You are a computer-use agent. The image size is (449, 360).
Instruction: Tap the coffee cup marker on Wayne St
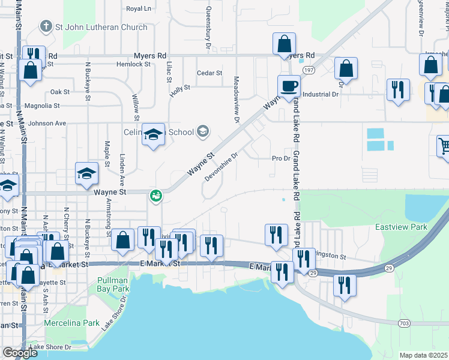coord(289,85)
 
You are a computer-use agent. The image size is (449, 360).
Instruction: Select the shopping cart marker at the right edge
coord(444,146)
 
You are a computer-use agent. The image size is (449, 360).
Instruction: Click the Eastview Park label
coord(401,227)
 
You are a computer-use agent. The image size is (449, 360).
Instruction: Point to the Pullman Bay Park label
coord(113,284)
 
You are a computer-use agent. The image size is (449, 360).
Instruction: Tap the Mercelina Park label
coord(72,323)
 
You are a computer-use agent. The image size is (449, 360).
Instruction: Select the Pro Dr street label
coord(281,159)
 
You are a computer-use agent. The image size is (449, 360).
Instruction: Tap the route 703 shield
coord(404,323)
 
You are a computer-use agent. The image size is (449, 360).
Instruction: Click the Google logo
coord(20,353)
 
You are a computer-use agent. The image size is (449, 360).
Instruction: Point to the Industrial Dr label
coord(321,94)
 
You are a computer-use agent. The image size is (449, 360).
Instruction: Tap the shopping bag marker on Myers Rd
coord(284,44)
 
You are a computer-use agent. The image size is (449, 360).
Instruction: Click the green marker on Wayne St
coord(155,195)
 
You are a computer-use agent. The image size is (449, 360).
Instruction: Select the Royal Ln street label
coord(139,8)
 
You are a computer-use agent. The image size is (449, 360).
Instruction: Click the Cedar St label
coord(210,73)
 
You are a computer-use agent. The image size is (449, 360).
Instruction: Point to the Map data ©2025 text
coord(424,355)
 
